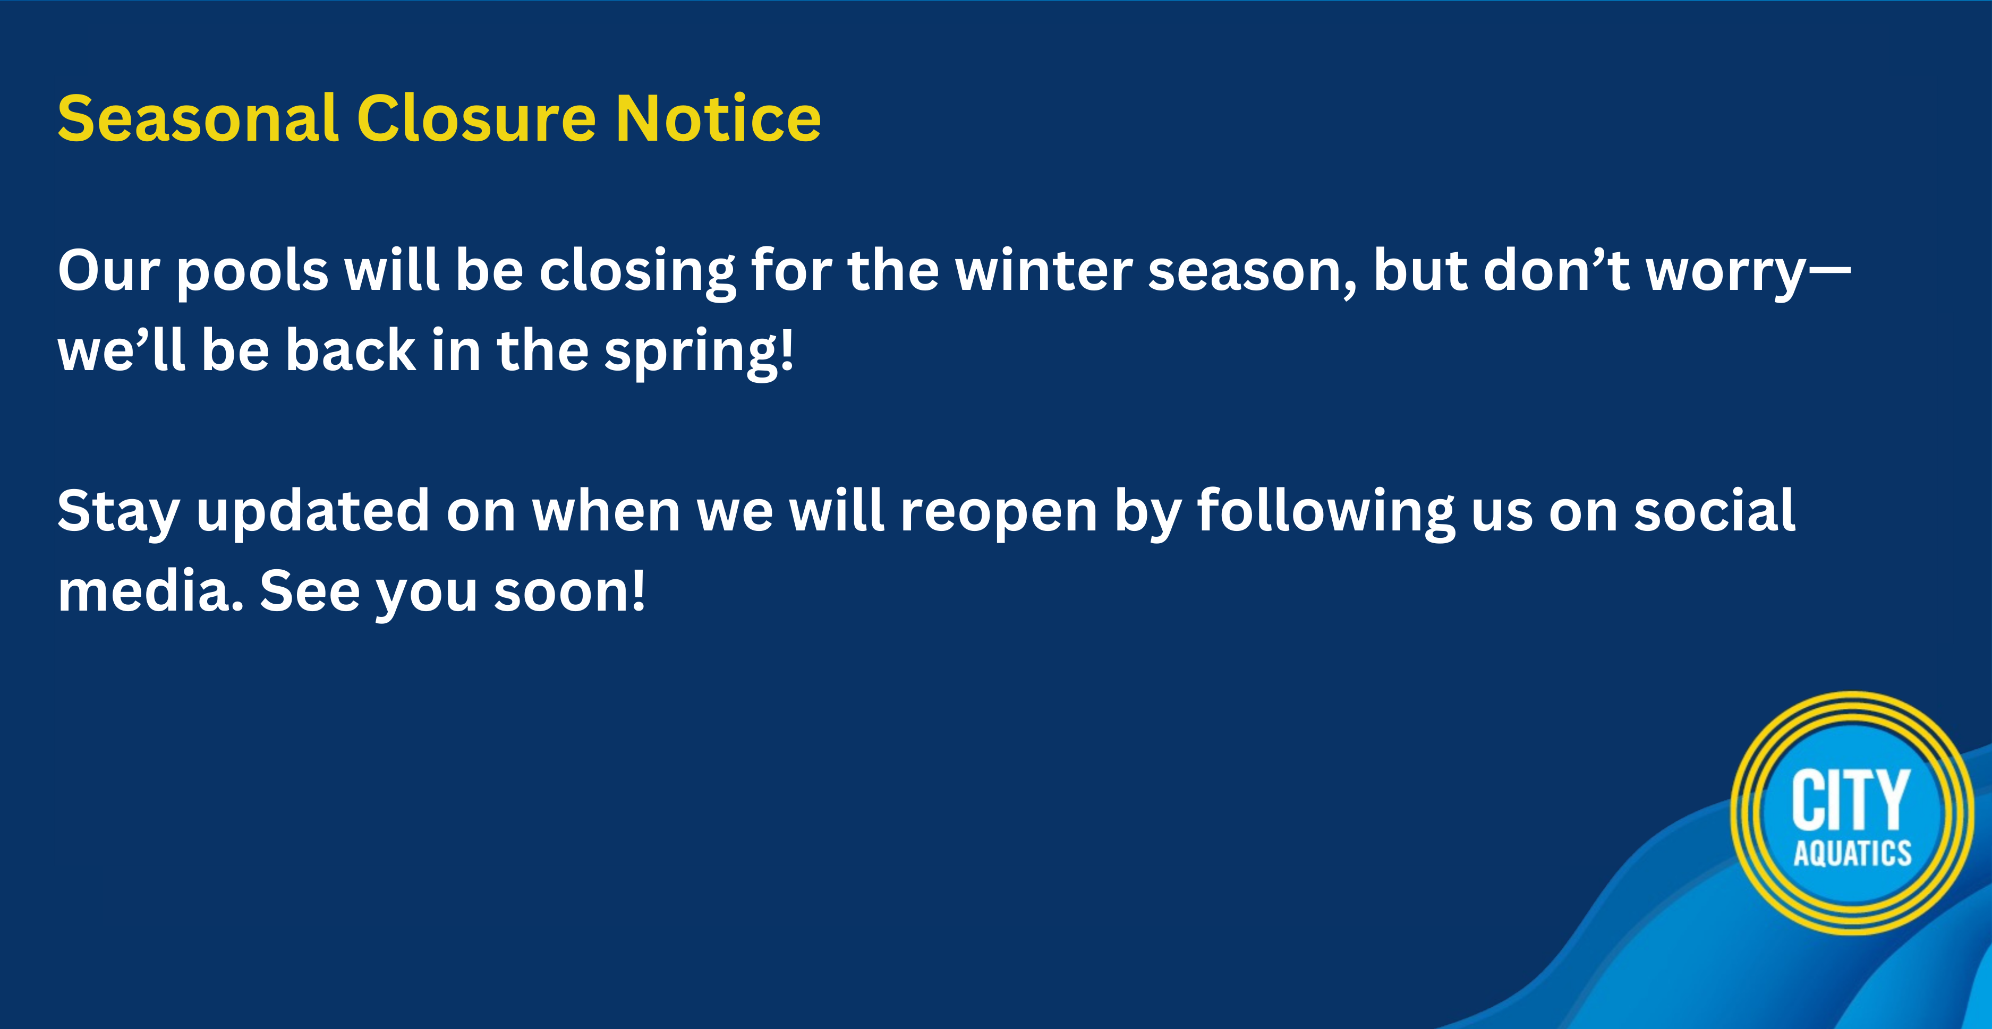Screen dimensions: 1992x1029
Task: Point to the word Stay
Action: click(118, 512)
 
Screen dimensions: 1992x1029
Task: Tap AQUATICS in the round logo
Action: click(1852, 853)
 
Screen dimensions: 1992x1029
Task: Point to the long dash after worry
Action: click(1829, 271)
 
